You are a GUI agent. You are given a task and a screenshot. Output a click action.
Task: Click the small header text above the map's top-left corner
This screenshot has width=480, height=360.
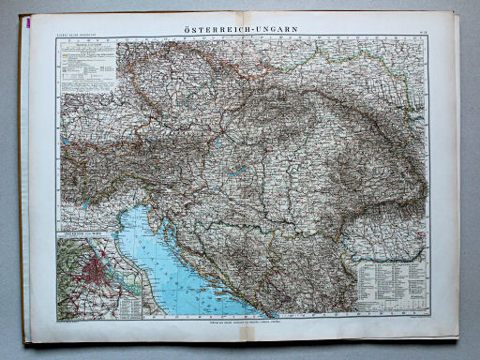74,38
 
